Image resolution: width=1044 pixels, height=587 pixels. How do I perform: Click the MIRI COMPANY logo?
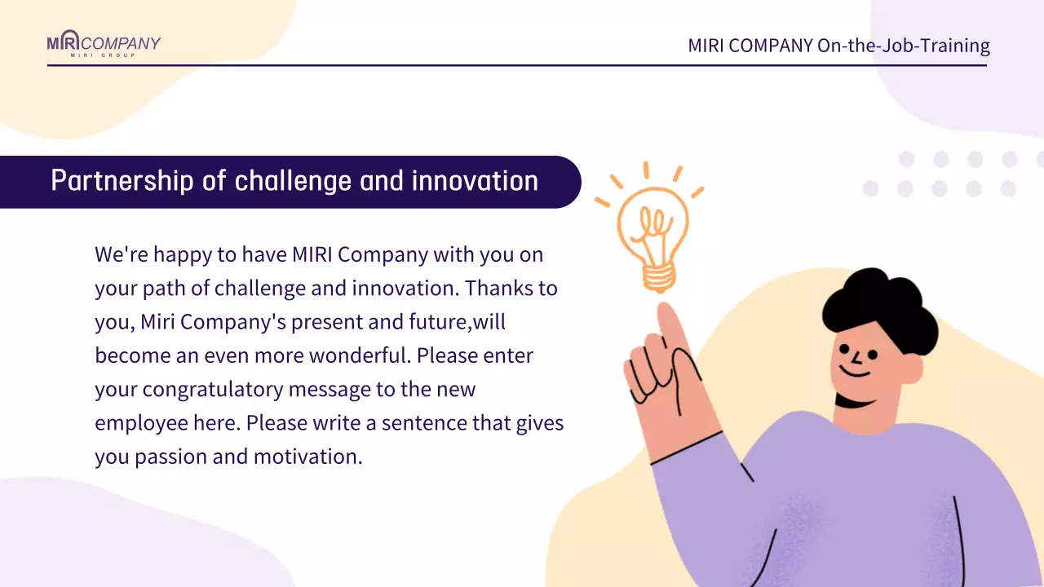pyautogui.click(x=104, y=43)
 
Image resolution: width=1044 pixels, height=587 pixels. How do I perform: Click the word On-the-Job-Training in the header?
pyautogui.click(x=903, y=46)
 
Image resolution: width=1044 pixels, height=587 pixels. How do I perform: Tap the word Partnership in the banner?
pyautogui.click(x=122, y=181)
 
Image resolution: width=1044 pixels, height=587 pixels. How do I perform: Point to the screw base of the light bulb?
pyautogui.click(x=658, y=278)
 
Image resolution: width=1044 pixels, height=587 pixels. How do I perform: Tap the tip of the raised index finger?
pyautogui.click(x=664, y=306)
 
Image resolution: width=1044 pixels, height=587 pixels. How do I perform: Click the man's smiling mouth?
pyautogui.click(x=856, y=372)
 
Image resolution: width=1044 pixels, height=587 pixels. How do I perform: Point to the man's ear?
pyautogui.click(x=912, y=368)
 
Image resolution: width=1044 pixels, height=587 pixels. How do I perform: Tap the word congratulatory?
pyautogui.click(x=213, y=390)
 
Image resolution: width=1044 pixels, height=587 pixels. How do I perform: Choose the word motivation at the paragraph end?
pyautogui.click(x=307, y=457)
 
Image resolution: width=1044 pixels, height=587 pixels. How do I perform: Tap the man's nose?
pyautogui.click(x=856, y=358)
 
